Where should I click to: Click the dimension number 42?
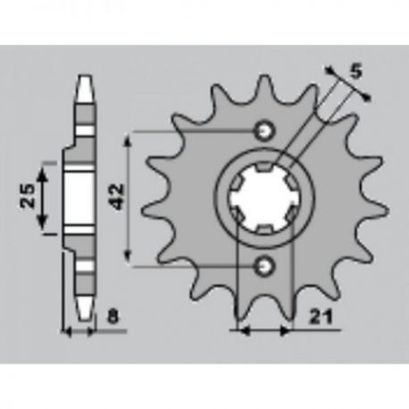(118, 196)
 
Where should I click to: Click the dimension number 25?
(27, 196)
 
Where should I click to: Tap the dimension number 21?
(321, 317)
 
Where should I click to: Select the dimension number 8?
(113, 317)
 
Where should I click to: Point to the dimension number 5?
(356, 71)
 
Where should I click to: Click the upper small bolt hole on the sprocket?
(264, 130)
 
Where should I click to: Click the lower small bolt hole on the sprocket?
(264, 266)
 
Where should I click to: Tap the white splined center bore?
(264, 198)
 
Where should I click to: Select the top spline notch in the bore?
(264, 167)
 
